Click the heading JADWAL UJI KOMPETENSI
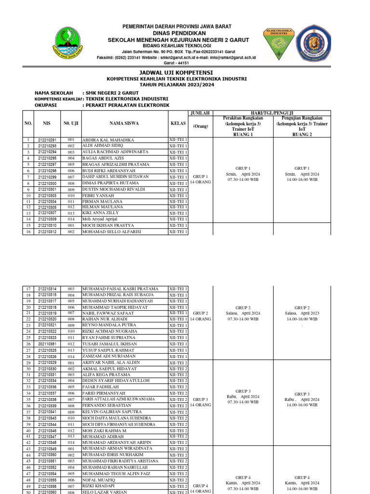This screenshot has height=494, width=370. coord(177,71)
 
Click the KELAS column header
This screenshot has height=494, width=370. coord(178,123)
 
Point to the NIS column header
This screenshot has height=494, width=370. coord(47,123)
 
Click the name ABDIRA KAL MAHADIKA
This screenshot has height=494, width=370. coord(109,140)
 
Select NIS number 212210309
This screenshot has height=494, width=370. coord(47,219)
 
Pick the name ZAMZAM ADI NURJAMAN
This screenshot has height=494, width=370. coord(109,356)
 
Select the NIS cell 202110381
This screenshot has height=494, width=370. coord(47,344)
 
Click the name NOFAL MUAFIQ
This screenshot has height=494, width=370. coord(100,480)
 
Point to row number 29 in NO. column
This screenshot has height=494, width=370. coord(28,362)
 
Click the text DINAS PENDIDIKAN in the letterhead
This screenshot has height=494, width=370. coord(176,32)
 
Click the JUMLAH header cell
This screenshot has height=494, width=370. coord(200,113)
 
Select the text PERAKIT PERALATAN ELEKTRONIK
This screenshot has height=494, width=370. coord(127,105)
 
